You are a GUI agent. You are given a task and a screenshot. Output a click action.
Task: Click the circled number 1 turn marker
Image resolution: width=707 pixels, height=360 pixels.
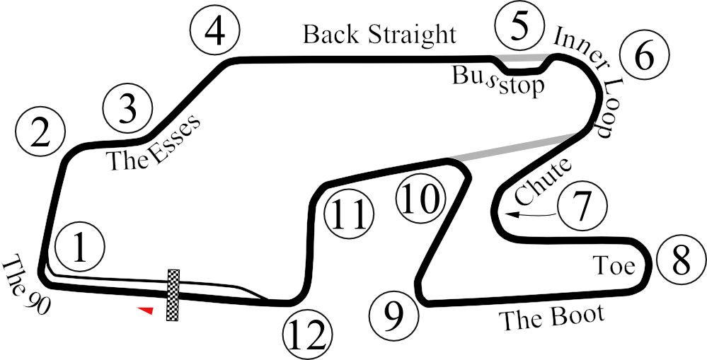coord(79,247)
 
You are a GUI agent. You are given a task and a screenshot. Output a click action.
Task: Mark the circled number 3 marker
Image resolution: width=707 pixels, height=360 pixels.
coord(128,109)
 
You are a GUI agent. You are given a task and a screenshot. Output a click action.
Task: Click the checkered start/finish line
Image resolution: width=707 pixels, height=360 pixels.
coord(173,295)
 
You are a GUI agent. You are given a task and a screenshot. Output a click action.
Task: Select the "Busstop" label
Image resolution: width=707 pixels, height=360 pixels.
coord(498,80)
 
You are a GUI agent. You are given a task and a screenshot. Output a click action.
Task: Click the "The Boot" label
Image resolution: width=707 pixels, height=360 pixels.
coord(551,317)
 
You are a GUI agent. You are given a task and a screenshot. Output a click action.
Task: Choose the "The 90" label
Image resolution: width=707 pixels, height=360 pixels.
coord(25,283)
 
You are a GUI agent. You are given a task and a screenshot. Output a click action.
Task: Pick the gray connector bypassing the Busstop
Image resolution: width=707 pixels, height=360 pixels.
coord(522,57)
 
